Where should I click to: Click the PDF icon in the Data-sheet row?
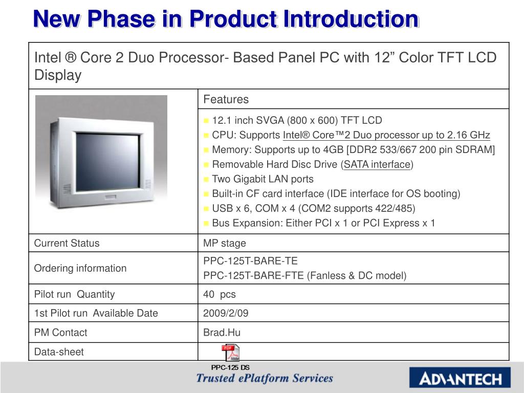(231, 353)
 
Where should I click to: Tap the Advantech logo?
(460, 378)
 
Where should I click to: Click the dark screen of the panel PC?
(107, 162)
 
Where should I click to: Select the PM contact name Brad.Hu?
(222, 333)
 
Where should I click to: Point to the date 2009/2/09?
(226, 313)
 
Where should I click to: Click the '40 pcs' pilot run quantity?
(220, 294)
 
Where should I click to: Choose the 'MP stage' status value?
(225, 243)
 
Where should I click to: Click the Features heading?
(226, 99)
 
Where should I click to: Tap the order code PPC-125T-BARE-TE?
(250, 261)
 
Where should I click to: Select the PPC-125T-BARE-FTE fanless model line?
(305, 276)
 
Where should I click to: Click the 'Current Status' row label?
(67, 243)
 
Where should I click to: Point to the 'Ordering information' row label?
(80, 268)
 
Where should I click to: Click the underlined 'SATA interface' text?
(377, 164)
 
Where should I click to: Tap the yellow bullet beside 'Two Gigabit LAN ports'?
(206, 180)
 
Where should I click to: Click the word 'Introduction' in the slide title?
(351, 19)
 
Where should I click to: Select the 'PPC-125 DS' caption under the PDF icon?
(230, 367)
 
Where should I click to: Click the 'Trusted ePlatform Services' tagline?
(265, 378)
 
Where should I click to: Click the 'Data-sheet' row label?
(59, 352)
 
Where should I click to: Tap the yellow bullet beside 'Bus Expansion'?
(206, 224)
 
